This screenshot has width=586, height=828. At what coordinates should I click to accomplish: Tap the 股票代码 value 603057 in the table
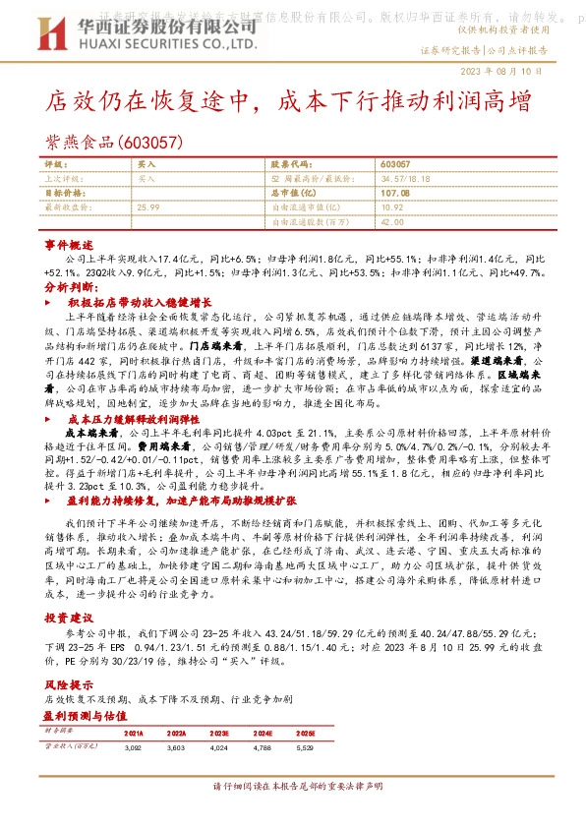click(x=395, y=166)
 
